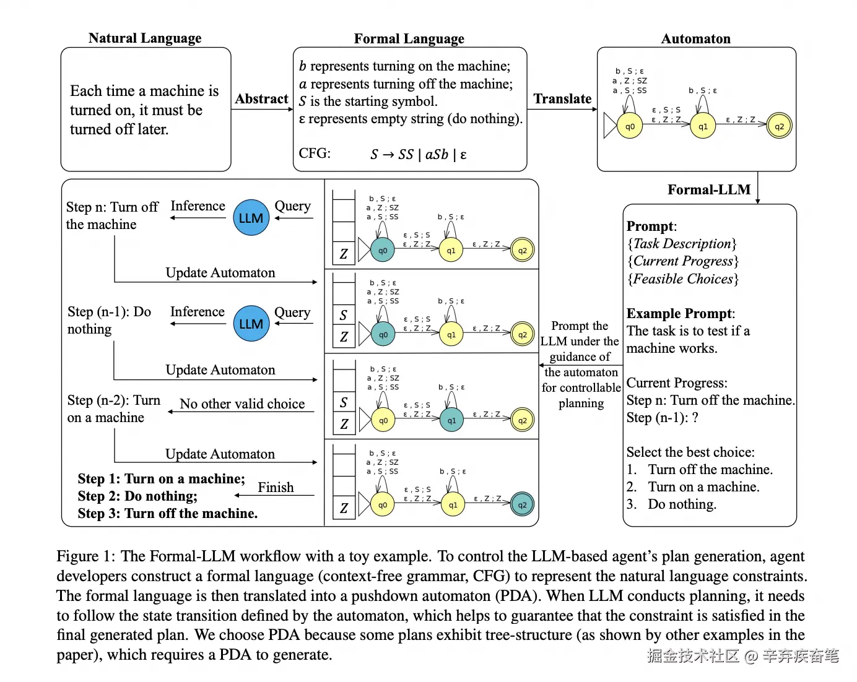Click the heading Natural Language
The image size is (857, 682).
click(145, 38)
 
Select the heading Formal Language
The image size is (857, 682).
click(409, 39)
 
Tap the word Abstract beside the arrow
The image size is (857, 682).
click(261, 99)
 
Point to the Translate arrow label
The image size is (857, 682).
click(562, 99)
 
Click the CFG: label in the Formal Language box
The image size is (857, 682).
click(315, 153)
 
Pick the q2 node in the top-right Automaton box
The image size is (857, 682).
click(779, 126)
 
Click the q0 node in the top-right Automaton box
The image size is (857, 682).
click(630, 126)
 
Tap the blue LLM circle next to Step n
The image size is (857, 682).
click(251, 218)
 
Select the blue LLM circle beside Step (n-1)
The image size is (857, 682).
click(251, 324)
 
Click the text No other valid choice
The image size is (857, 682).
click(242, 404)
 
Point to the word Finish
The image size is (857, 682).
click(276, 488)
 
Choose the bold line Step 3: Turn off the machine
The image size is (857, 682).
click(167, 514)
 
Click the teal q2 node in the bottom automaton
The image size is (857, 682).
click(522, 505)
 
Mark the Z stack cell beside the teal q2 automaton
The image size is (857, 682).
click(344, 509)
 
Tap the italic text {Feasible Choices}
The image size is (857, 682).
click(683, 279)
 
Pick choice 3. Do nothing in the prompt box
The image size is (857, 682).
click(671, 504)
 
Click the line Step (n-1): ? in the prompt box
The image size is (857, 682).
click(662, 418)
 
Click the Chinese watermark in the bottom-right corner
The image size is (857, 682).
click(743, 656)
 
